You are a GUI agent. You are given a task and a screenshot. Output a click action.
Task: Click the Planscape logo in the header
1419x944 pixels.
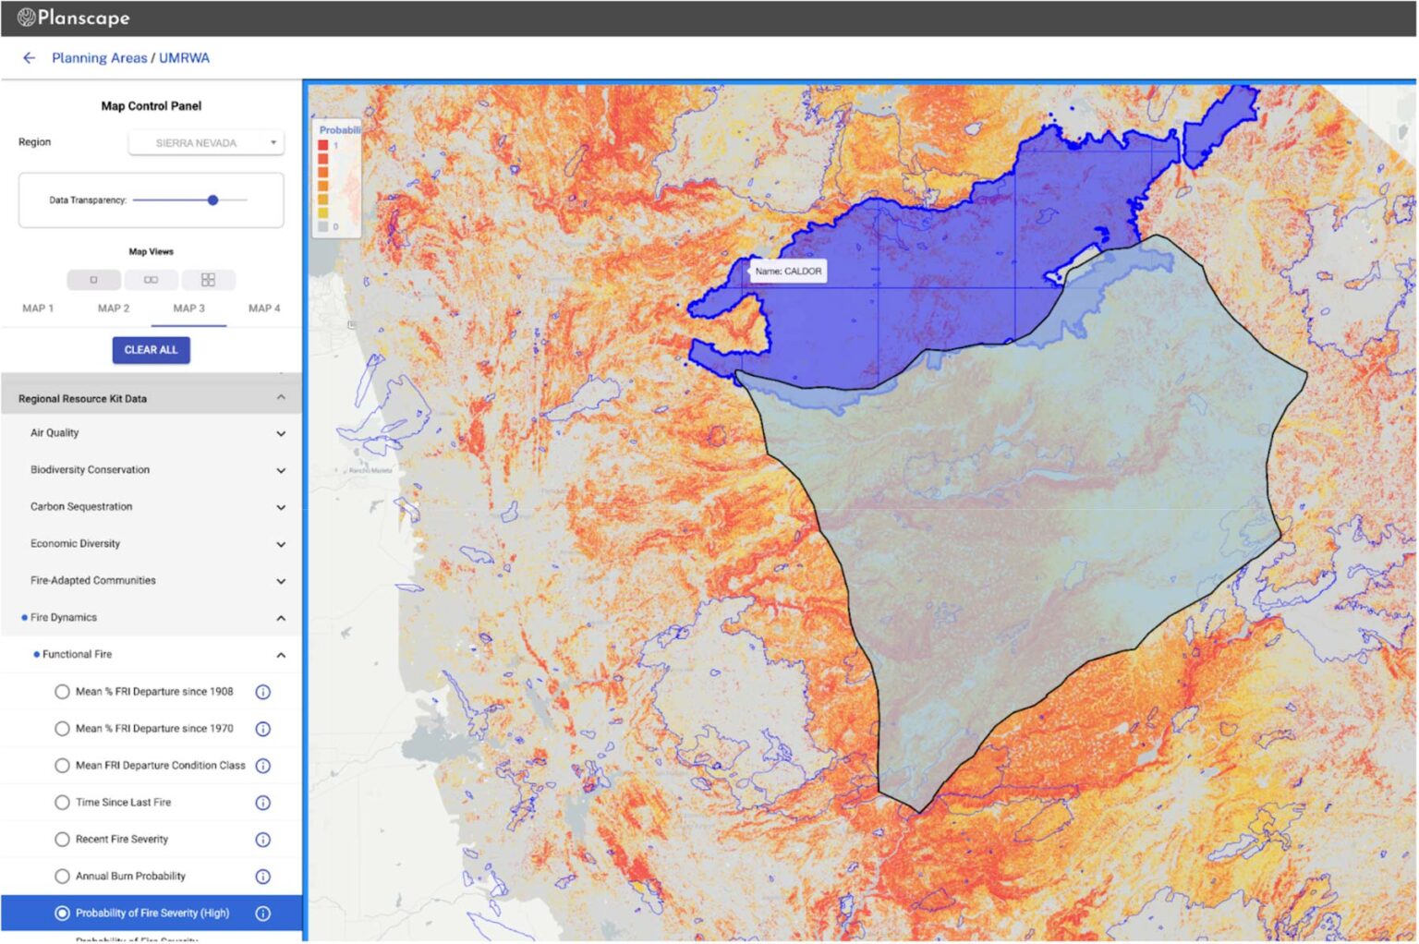[73, 18]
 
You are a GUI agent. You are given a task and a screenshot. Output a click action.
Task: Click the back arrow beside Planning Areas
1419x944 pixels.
[29, 58]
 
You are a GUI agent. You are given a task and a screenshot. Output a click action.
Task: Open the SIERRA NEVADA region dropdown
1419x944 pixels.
[206, 143]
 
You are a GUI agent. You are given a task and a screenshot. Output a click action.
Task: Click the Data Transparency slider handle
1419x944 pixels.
[212, 200]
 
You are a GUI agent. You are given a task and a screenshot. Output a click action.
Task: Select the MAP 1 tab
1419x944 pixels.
[38, 309]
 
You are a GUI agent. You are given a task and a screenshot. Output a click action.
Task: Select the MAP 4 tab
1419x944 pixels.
[264, 309]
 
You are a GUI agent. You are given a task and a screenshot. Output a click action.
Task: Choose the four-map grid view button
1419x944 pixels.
[208, 280]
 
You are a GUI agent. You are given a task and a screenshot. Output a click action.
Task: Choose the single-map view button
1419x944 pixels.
[93, 280]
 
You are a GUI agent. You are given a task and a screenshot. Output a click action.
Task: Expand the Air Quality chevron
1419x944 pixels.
[281, 433]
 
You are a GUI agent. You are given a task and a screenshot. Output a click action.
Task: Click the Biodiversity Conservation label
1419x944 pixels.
[90, 470]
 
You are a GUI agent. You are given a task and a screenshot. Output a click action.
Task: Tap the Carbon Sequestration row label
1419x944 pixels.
[81, 507]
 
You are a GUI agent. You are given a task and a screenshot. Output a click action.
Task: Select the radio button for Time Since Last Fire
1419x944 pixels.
[62, 803]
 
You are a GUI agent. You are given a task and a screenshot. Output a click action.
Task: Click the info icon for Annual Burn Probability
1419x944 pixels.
[262, 877]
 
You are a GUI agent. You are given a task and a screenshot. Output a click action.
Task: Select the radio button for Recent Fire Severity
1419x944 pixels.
[62, 840]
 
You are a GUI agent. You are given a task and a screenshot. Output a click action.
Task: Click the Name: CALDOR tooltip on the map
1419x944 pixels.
[788, 272]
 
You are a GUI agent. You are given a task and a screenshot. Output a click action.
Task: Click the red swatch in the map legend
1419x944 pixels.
[323, 145]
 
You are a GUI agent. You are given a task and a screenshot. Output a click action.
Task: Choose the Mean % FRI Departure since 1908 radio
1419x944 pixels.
[62, 692]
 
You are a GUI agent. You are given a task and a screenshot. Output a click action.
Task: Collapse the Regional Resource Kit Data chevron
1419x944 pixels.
[281, 398]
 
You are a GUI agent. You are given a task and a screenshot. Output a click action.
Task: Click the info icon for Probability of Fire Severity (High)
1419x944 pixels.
[262, 914]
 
